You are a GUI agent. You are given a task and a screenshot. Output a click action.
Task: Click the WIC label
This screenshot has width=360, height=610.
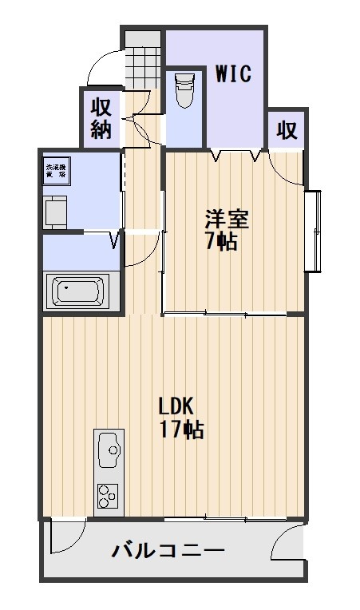(234, 74)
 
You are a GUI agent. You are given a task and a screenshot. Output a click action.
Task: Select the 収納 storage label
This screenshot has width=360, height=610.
(101, 117)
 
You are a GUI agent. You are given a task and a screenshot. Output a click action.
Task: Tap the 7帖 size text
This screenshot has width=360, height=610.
(221, 241)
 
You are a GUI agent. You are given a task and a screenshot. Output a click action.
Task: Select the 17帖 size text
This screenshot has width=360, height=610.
(181, 430)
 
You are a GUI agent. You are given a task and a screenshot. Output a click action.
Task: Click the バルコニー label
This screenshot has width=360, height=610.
(168, 550)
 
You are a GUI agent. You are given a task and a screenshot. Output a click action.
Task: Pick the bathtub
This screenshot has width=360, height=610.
(79, 291)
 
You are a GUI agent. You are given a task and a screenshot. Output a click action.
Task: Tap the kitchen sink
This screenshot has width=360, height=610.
(110, 451)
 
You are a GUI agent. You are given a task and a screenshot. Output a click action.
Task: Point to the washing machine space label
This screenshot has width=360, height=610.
(57, 170)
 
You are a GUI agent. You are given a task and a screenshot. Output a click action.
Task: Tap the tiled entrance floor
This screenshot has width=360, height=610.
(143, 60)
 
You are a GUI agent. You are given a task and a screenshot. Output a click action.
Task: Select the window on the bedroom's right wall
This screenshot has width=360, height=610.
(315, 230)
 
